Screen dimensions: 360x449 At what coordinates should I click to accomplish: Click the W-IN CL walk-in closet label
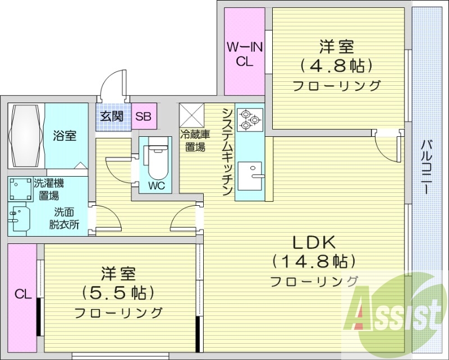(244, 54)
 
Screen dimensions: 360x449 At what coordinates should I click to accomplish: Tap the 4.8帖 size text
(337, 66)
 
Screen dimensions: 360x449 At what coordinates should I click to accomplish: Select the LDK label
(314, 242)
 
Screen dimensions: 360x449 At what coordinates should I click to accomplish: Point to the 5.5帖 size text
(118, 292)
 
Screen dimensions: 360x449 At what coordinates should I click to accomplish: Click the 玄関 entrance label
(112, 117)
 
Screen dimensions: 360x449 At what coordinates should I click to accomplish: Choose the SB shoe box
(144, 117)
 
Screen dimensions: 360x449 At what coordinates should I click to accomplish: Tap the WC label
(157, 186)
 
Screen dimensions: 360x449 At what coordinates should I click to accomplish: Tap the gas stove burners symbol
(248, 119)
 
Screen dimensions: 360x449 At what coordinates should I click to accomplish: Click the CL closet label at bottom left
(22, 293)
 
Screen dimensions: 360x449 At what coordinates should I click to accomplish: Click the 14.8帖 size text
(314, 261)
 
